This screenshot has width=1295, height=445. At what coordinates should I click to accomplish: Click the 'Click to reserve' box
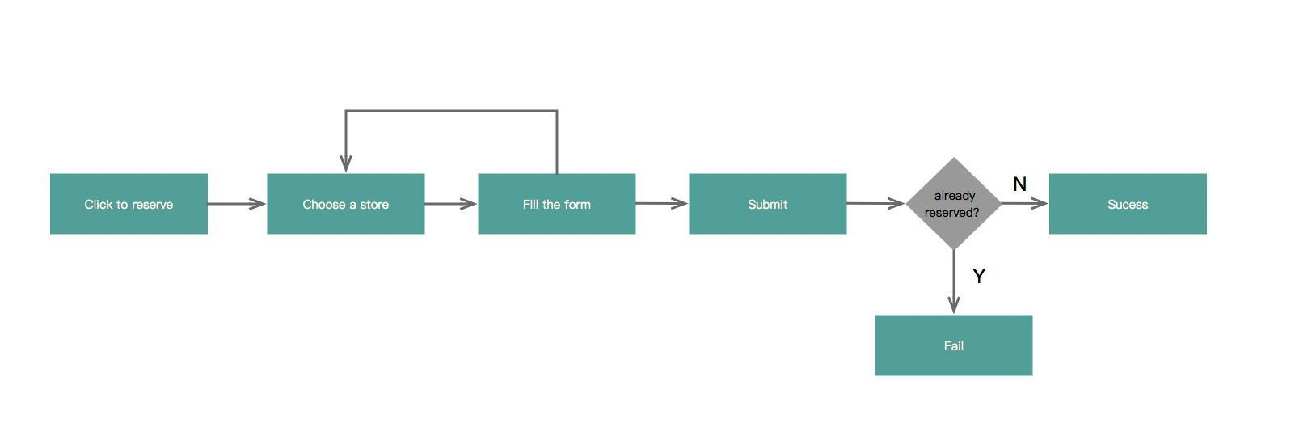(129, 204)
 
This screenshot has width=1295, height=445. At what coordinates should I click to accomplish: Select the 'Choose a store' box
(346, 204)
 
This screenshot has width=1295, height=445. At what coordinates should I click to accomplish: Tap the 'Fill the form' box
(557, 204)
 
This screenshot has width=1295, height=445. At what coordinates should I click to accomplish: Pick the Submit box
(768, 204)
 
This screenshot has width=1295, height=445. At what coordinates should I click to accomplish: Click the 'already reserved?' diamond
(954, 204)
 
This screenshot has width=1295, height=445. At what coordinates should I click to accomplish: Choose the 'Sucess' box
(1128, 204)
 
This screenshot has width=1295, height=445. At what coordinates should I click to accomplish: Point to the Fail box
(954, 345)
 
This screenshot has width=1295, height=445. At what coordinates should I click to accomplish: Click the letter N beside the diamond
(1020, 184)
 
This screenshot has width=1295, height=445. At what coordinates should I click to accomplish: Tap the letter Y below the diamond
(979, 276)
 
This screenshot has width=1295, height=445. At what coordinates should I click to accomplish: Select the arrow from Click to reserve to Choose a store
(237, 204)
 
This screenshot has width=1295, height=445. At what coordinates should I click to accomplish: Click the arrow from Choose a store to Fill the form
(450, 204)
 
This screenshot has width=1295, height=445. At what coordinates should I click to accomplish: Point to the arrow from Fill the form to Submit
(661, 203)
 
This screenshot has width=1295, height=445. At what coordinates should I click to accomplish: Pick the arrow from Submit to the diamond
(875, 203)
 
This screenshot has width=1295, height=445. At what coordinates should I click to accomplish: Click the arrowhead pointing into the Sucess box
(1040, 203)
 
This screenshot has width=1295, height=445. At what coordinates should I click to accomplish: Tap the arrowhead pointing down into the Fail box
(954, 305)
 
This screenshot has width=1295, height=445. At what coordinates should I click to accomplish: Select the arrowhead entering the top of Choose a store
(346, 163)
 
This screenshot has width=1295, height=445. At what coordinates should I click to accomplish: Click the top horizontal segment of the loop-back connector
(452, 111)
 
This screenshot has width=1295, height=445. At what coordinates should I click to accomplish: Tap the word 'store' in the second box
(374, 204)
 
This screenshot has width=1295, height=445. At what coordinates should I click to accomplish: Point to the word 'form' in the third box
(577, 204)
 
